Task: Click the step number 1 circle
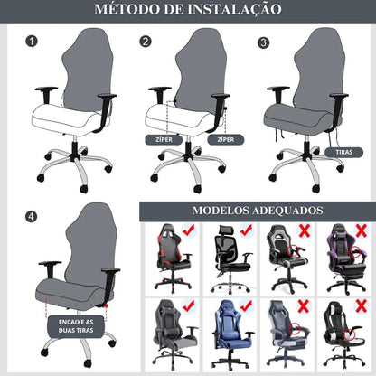(x=33, y=41)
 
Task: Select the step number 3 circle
(x=263, y=42)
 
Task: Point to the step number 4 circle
(x=33, y=216)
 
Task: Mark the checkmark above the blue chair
(x=245, y=306)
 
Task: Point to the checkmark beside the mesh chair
(x=246, y=231)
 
